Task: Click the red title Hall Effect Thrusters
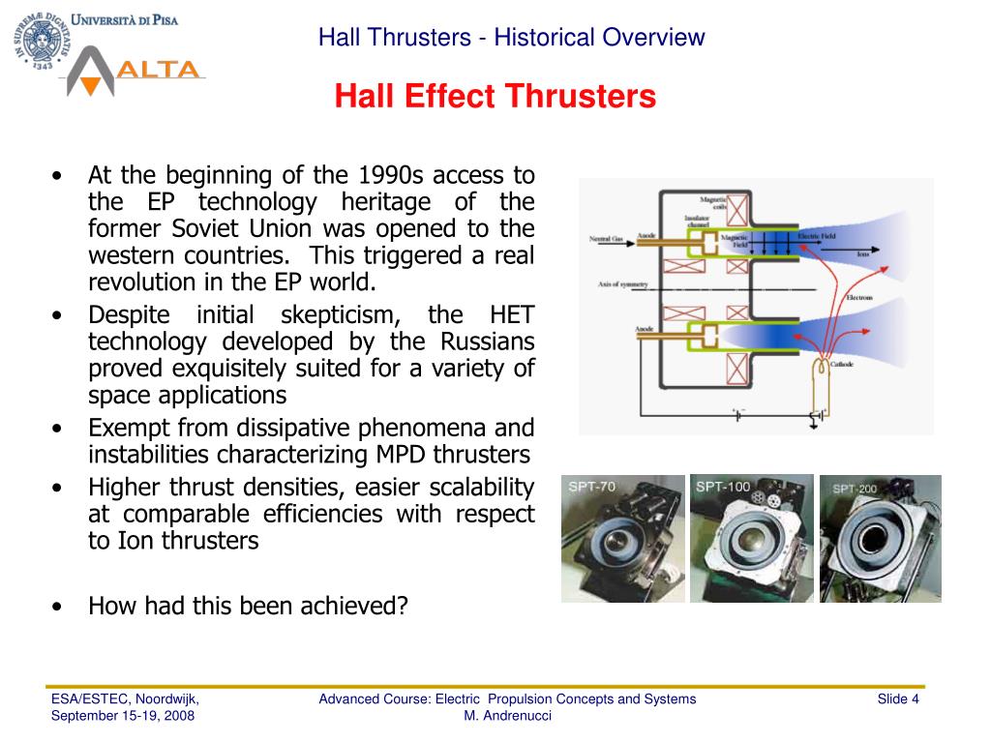(x=495, y=97)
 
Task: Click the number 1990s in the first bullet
(x=393, y=176)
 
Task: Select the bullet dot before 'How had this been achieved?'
(x=60, y=607)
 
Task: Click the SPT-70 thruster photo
(x=622, y=539)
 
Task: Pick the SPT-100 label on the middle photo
(x=722, y=487)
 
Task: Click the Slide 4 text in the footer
(x=897, y=699)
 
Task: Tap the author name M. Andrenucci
(x=507, y=716)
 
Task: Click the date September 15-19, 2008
(x=123, y=716)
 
